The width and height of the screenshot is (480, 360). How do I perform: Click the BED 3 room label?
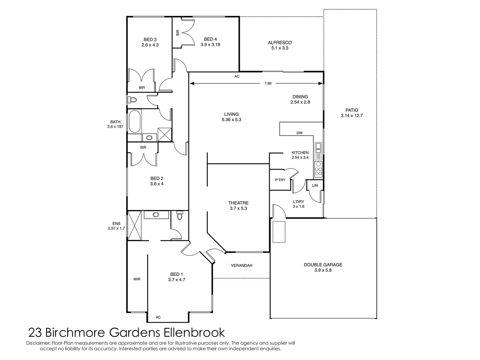[150, 40]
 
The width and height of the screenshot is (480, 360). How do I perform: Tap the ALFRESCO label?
[280, 43]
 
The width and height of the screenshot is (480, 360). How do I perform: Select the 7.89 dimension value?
[268, 84]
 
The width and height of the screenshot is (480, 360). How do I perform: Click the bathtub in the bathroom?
[135, 121]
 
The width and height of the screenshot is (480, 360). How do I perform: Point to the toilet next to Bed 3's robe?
[133, 100]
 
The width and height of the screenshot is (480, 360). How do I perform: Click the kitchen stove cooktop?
[318, 169]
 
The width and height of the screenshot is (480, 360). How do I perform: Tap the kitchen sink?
[318, 146]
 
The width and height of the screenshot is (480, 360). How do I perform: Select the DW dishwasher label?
[299, 133]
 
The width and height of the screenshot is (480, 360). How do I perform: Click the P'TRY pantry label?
[280, 180]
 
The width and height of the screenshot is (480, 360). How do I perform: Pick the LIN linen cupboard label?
[315, 185]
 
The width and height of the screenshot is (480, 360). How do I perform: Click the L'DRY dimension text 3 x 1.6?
[298, 207]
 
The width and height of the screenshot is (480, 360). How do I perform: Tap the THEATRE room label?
[238, 203]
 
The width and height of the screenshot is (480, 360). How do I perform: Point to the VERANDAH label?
[241, 266]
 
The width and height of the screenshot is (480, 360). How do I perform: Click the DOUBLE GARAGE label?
[323, 265]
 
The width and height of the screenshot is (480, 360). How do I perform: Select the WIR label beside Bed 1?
[137, 279]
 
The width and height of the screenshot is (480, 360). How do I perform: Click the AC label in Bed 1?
[158, 317]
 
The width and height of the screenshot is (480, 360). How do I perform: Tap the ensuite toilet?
[180, 217]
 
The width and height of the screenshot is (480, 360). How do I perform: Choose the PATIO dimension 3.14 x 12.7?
[352, 116]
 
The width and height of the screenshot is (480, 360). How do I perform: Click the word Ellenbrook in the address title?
[194, 333]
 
